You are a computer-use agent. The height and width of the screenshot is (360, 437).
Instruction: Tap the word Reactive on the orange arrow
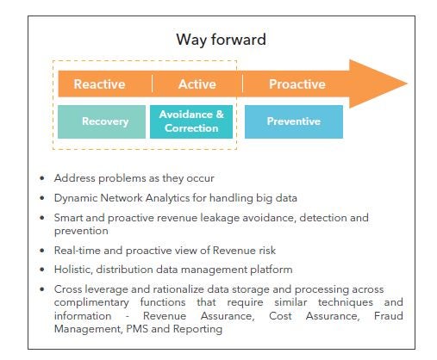[x=99, y=84]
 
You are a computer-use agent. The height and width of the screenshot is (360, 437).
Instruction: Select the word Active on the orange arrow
[x=197, y=84]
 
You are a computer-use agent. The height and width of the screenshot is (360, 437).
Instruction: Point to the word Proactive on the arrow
[x=297, y=84]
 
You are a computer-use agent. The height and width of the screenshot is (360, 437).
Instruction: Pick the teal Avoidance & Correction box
[x=190, y=121]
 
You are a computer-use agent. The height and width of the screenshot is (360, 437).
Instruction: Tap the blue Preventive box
[x=293, y=121]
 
